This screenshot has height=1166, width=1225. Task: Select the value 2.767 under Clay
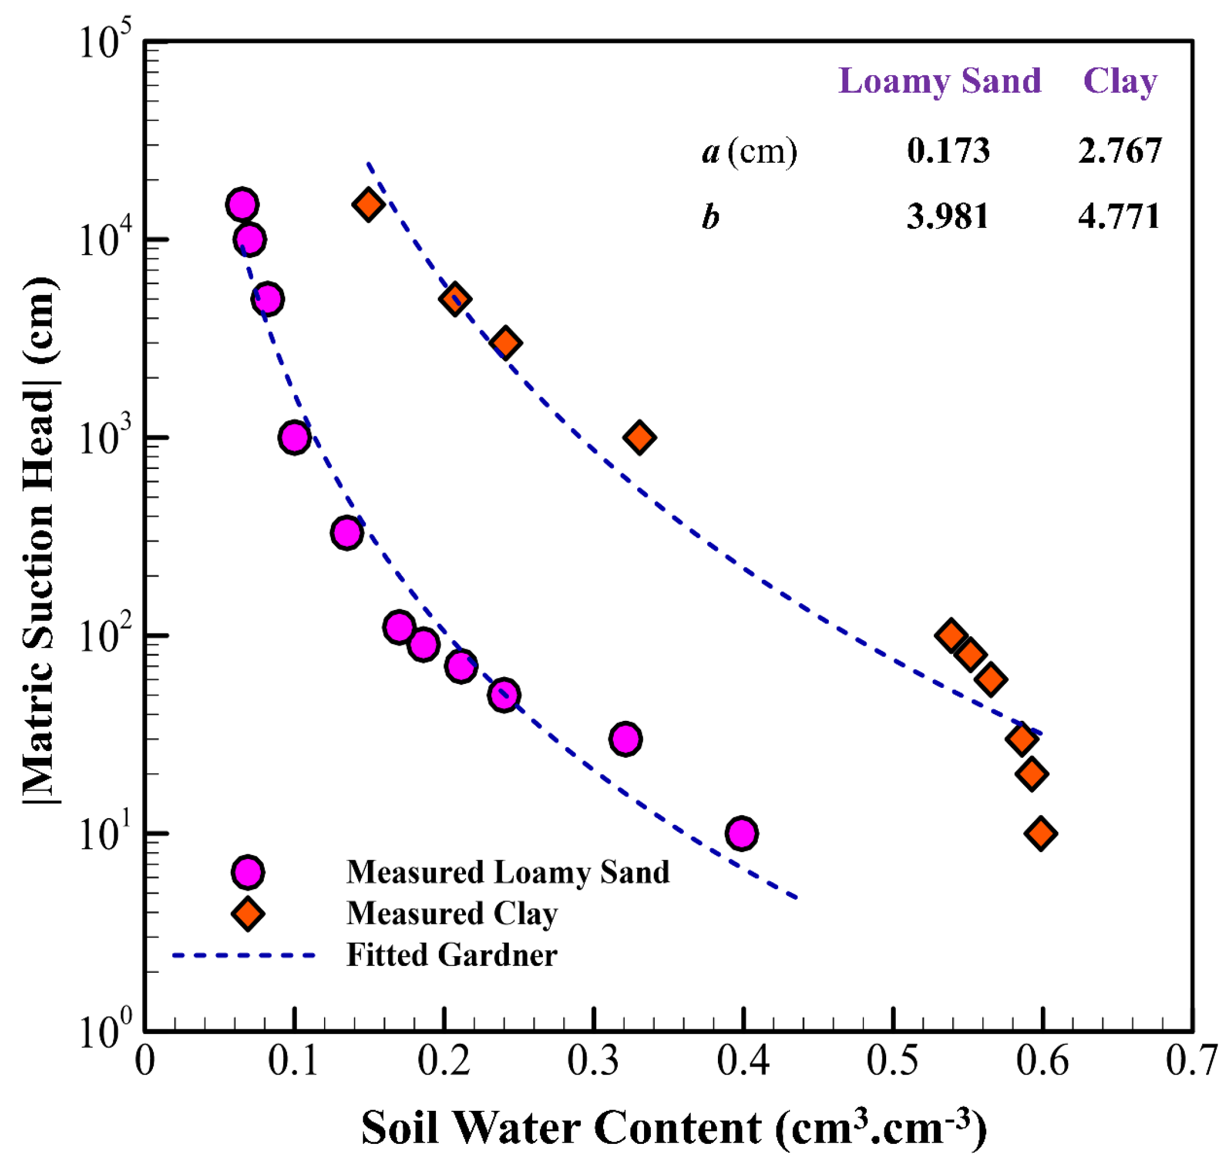1118,151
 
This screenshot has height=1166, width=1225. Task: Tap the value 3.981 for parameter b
946,217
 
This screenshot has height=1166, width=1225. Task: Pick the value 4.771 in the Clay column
1118,217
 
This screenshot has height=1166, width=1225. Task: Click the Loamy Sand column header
939,81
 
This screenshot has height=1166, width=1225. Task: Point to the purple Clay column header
1119,81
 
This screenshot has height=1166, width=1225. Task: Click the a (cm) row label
749,151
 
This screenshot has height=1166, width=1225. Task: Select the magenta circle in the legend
247,872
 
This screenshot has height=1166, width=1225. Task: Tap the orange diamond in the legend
247,914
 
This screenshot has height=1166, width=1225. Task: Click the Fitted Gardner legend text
451,955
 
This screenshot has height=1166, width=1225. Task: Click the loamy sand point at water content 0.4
741,833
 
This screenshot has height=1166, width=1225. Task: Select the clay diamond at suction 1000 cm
639,438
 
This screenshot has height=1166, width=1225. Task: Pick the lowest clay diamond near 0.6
1040,833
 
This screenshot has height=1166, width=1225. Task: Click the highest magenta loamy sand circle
242,204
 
